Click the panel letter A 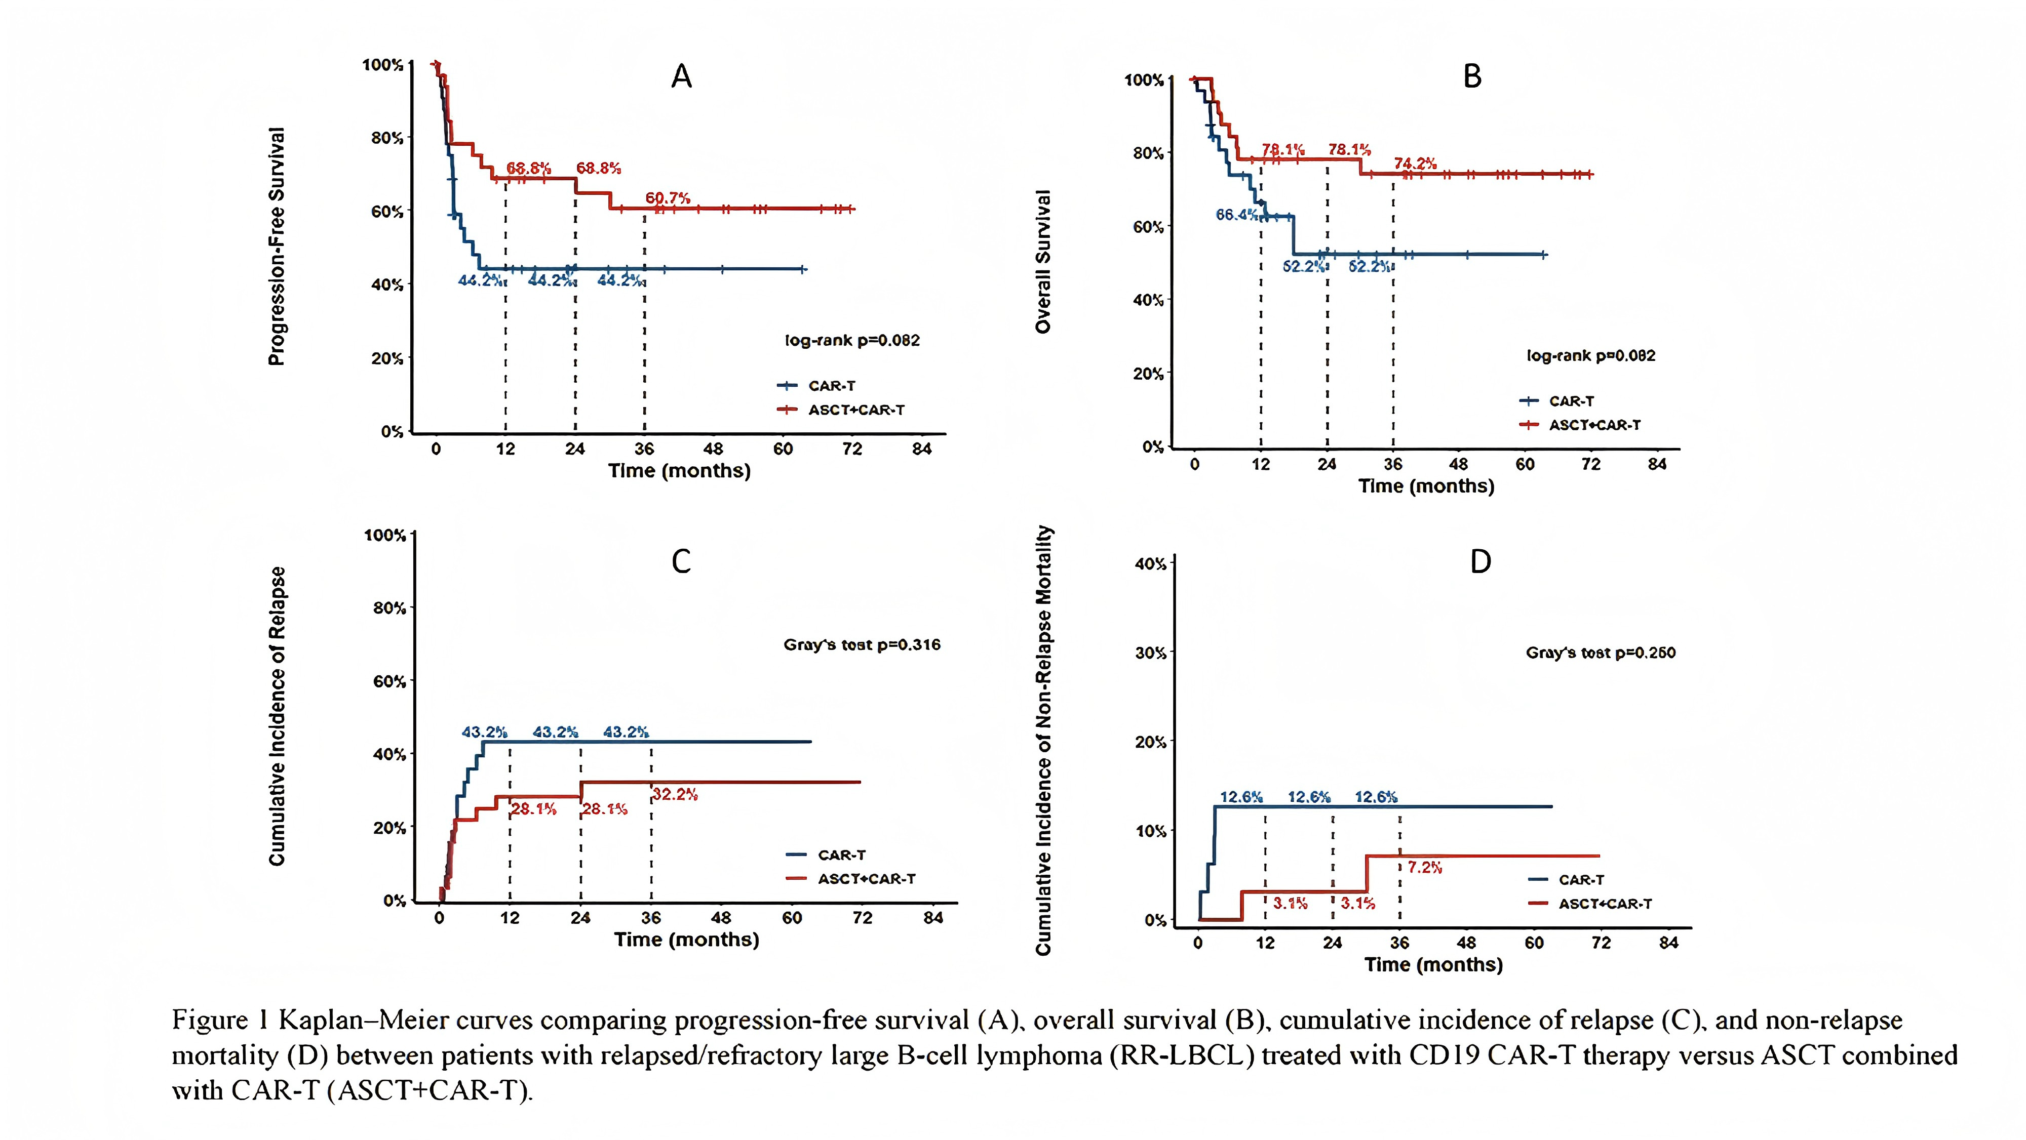pos(681,76)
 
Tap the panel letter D pos(1480,562)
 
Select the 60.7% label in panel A pos(668,198)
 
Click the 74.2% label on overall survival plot pos(1415,164)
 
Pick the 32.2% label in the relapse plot pos(675,795)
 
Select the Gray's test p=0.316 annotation pos(862,645)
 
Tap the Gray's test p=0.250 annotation pos(1601,653)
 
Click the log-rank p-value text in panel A pos(852,340)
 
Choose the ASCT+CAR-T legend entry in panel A pos(855,410)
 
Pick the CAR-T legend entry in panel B pos(1571,401)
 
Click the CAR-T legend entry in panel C pos(841,854)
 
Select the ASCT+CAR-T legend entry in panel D pos(1605,904)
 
